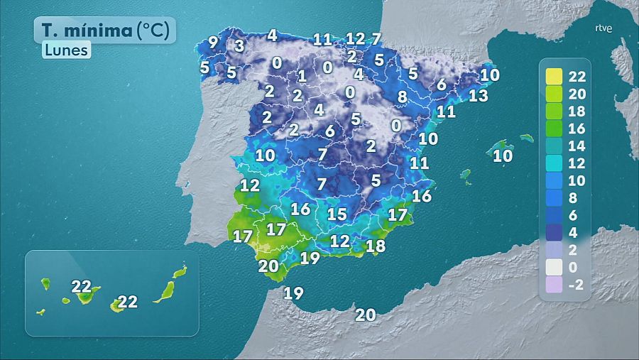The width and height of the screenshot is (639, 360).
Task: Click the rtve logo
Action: tap(603, 29)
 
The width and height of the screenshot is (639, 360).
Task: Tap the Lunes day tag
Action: tap(65, 50)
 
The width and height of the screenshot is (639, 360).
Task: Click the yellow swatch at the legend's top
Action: tap(554, 77)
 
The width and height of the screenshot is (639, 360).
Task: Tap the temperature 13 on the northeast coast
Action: tap(479, 95)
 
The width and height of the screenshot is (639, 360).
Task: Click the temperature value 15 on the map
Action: tap(337, 214)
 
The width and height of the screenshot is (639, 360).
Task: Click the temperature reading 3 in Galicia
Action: tap(240, 46)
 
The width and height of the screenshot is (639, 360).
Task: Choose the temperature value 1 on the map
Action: tap(302, 76)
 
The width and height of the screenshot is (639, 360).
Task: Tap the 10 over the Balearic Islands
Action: tap(503, 156)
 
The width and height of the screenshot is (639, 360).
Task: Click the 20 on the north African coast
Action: tap(365, 315)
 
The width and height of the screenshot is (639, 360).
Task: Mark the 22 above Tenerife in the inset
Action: tap(82, 287)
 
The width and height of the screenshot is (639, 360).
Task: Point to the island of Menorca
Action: tap(526, 138)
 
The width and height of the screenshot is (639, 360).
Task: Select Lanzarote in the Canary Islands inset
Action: tap(180, 271)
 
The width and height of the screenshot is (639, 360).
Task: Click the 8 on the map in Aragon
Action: tap(402, 97)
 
